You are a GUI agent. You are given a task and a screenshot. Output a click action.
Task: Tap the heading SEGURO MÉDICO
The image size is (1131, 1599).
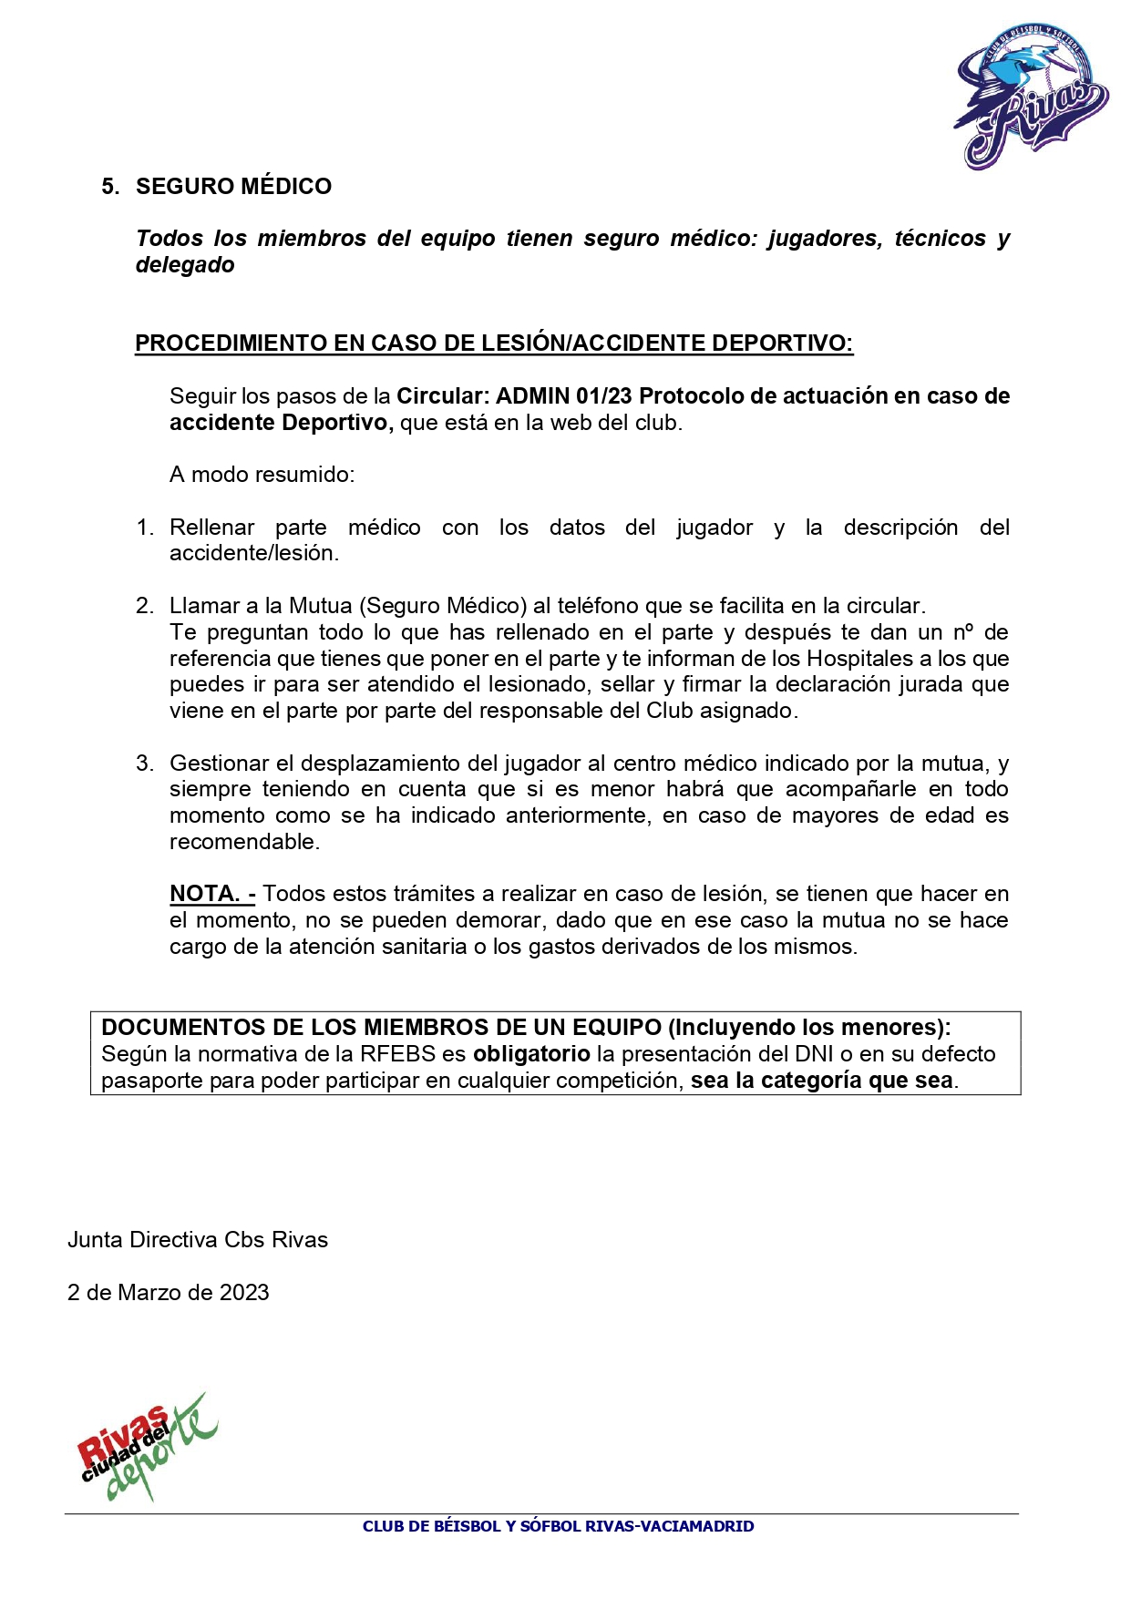tap(233, 187)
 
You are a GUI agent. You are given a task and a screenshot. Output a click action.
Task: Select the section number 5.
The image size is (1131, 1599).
tap(109, 187)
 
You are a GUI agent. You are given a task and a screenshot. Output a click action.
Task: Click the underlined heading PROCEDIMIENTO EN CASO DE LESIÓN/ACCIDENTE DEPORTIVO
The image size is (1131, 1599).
tap(493, 343)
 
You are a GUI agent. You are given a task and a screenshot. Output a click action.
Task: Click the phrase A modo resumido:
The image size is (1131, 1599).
tap(262, 475)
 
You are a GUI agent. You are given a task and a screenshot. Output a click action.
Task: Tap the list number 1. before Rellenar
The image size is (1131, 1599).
tap(145, 528)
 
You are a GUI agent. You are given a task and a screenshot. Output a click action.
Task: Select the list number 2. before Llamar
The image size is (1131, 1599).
tap(145, 606)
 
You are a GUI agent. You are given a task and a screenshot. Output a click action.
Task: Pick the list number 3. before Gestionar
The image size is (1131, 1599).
tap(145, 764)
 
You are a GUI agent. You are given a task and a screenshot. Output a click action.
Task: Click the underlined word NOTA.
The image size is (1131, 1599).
tap(205, 894)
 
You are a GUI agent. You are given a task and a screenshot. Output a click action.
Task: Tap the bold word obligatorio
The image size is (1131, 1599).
tap(531, 1054)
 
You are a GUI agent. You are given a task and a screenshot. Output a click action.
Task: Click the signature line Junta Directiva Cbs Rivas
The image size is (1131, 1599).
tap(198, 1240)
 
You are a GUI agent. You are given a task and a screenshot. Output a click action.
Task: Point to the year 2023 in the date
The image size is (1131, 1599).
tap(244, 1293)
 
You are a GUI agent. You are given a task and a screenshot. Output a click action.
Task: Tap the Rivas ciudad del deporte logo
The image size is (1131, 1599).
tap(146, 1448)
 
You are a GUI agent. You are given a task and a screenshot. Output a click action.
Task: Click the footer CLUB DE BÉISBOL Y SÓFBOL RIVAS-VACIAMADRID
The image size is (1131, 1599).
tap(558, 1526)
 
